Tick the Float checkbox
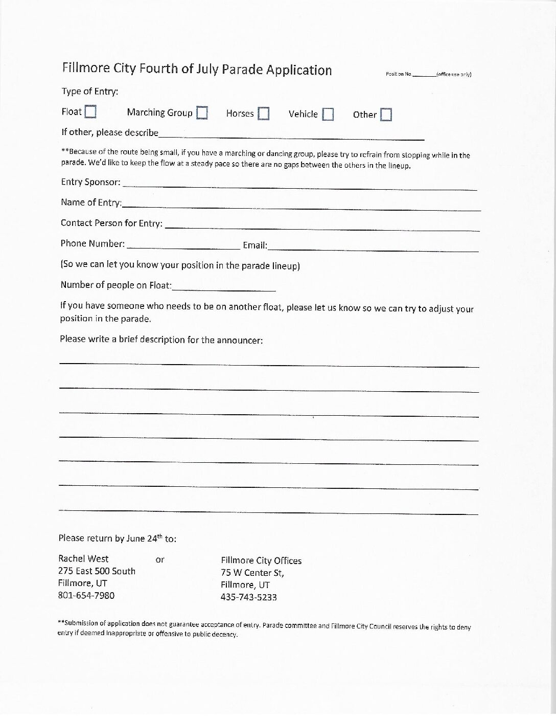(90, 111)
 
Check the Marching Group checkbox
(202, 112)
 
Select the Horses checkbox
(263, 114)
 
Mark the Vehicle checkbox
(328, 114)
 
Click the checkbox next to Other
(386, 115)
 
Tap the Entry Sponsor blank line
(299, 186)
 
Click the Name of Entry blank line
(302, 206)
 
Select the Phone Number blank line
(183, 246)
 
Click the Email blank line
(373, 248)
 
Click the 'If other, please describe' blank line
(291, 136)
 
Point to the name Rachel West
(83, 558)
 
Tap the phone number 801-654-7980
(86, 596)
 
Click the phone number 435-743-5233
(249, 597)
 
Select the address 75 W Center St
(252, 573)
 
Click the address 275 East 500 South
(97, 571)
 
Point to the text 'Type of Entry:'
(90, 92)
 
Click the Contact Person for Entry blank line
(322, 226)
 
